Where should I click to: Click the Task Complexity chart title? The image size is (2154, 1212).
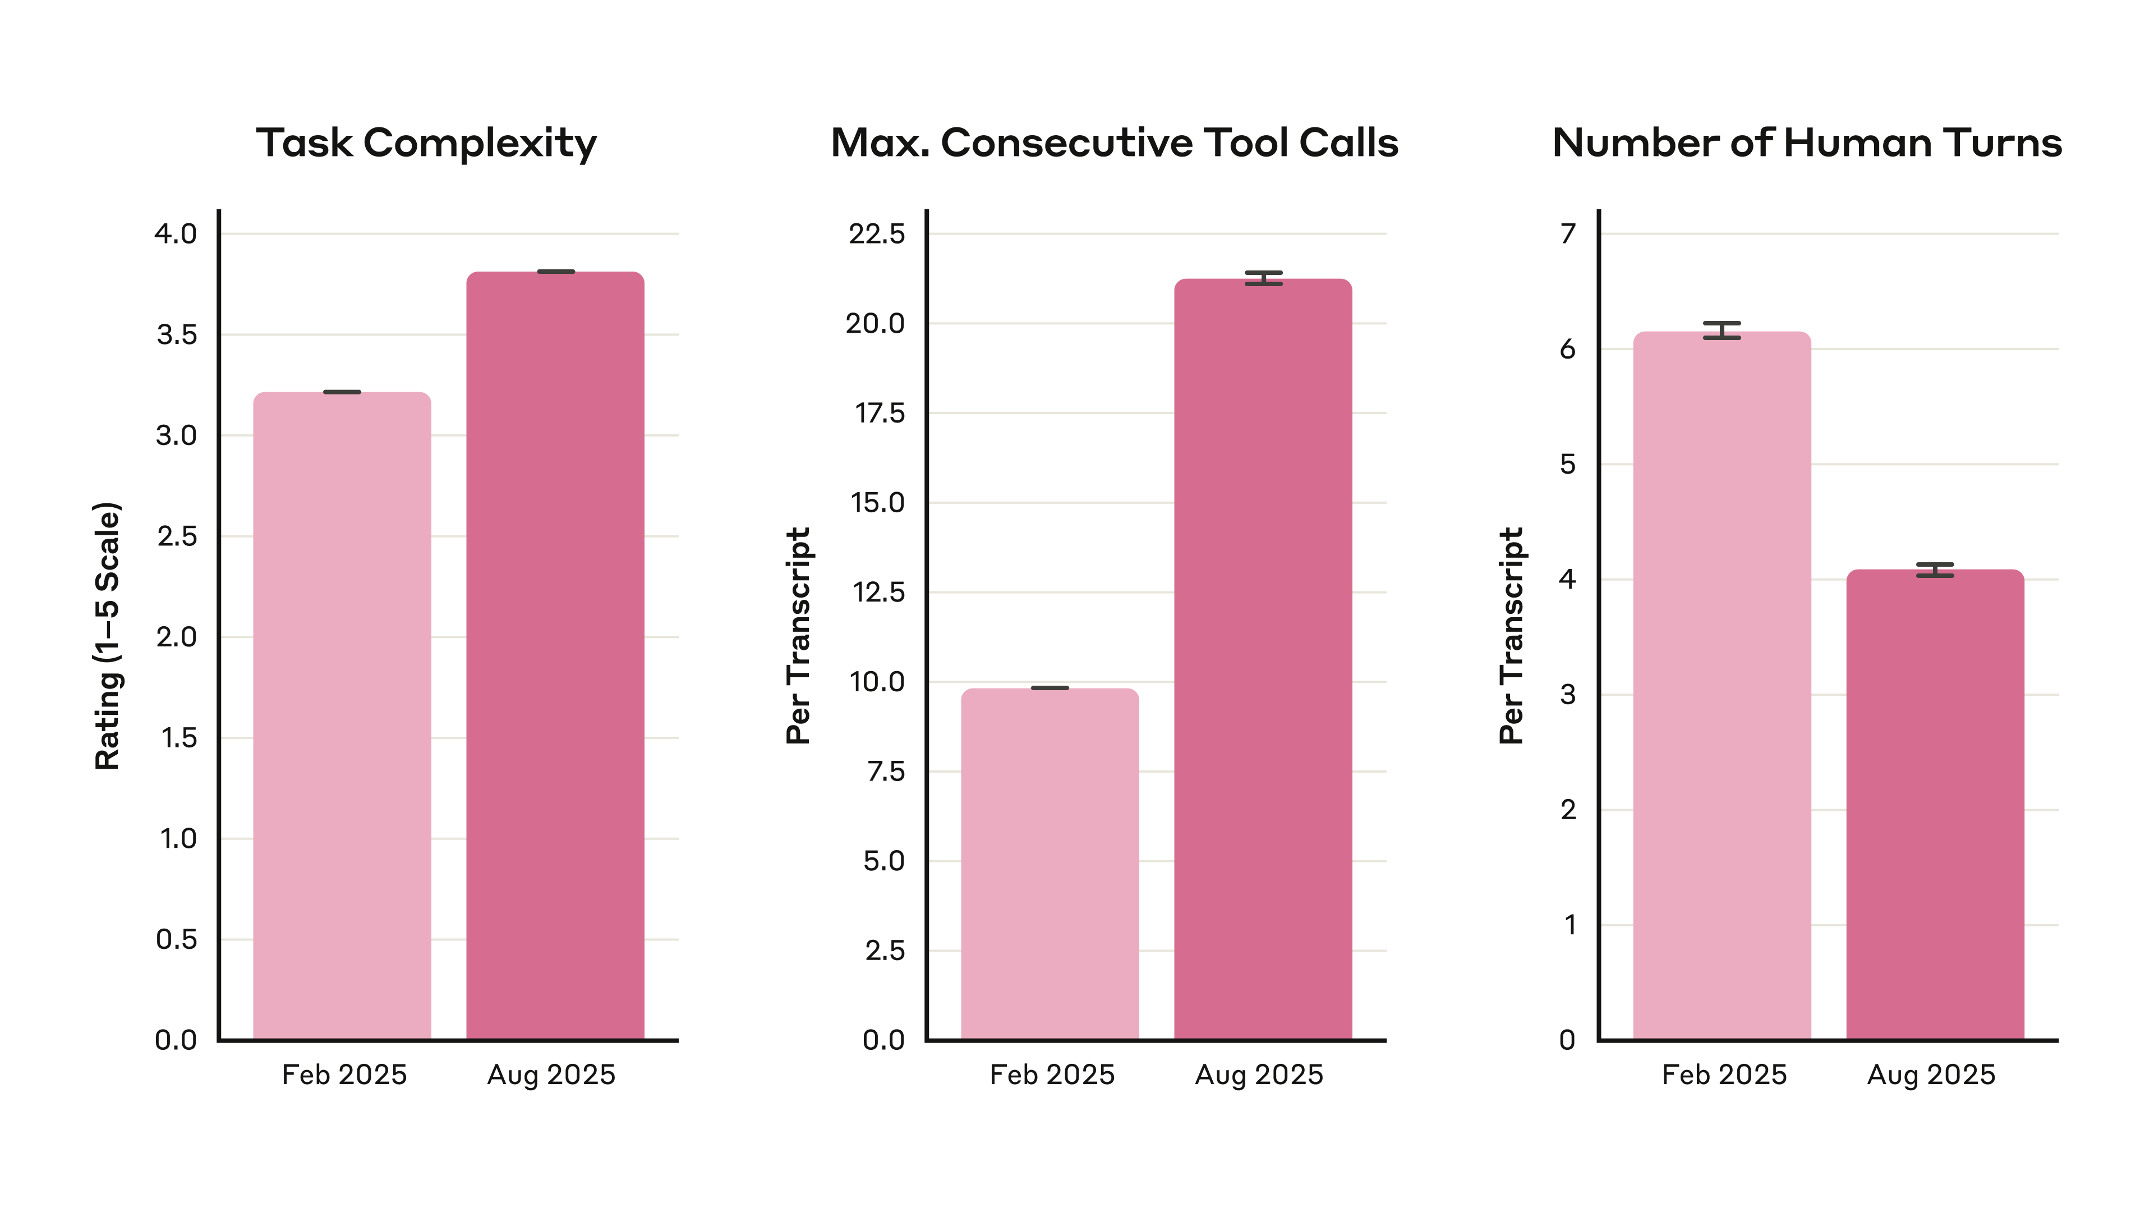pyautogui.click(x=426, y=143)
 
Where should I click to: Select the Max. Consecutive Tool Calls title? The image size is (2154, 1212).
pyautogui.click(x=1114, y=143)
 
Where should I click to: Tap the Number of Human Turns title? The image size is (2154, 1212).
pyautogui.click(x=1806, y=143)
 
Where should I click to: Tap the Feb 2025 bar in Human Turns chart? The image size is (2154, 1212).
pyautogui.click(x=1722, y=686)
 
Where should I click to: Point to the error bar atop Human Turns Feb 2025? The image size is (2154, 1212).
pyautogui.click(x=1722, y=330)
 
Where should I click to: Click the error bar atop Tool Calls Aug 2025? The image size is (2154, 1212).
pyautogui.click(x=1263, y=278)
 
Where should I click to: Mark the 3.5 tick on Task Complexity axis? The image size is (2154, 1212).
pyautogui.click(x=177, y=334)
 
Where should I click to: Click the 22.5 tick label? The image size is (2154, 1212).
pyautogui.click(x=876, y=233)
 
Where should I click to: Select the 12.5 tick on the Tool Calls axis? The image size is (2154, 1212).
pyautogui.click(x=878, y=592)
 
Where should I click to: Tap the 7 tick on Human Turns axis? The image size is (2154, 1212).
pyautogui.click(x=1568, y=233)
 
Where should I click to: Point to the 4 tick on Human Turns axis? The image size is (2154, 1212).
pyautogui.click(x=1568, y=579)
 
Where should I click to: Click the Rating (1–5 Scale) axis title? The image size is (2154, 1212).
pyautogui.click(x=107, y=636)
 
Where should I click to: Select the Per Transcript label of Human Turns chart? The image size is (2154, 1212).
pyautogui.click(x=1511, y=636)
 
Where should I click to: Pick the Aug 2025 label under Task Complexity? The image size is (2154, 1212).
pyautogui.click(x=551, y=1075)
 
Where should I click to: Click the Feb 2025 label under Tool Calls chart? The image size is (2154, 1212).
pyautogui.click(x=1052, y=1075)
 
